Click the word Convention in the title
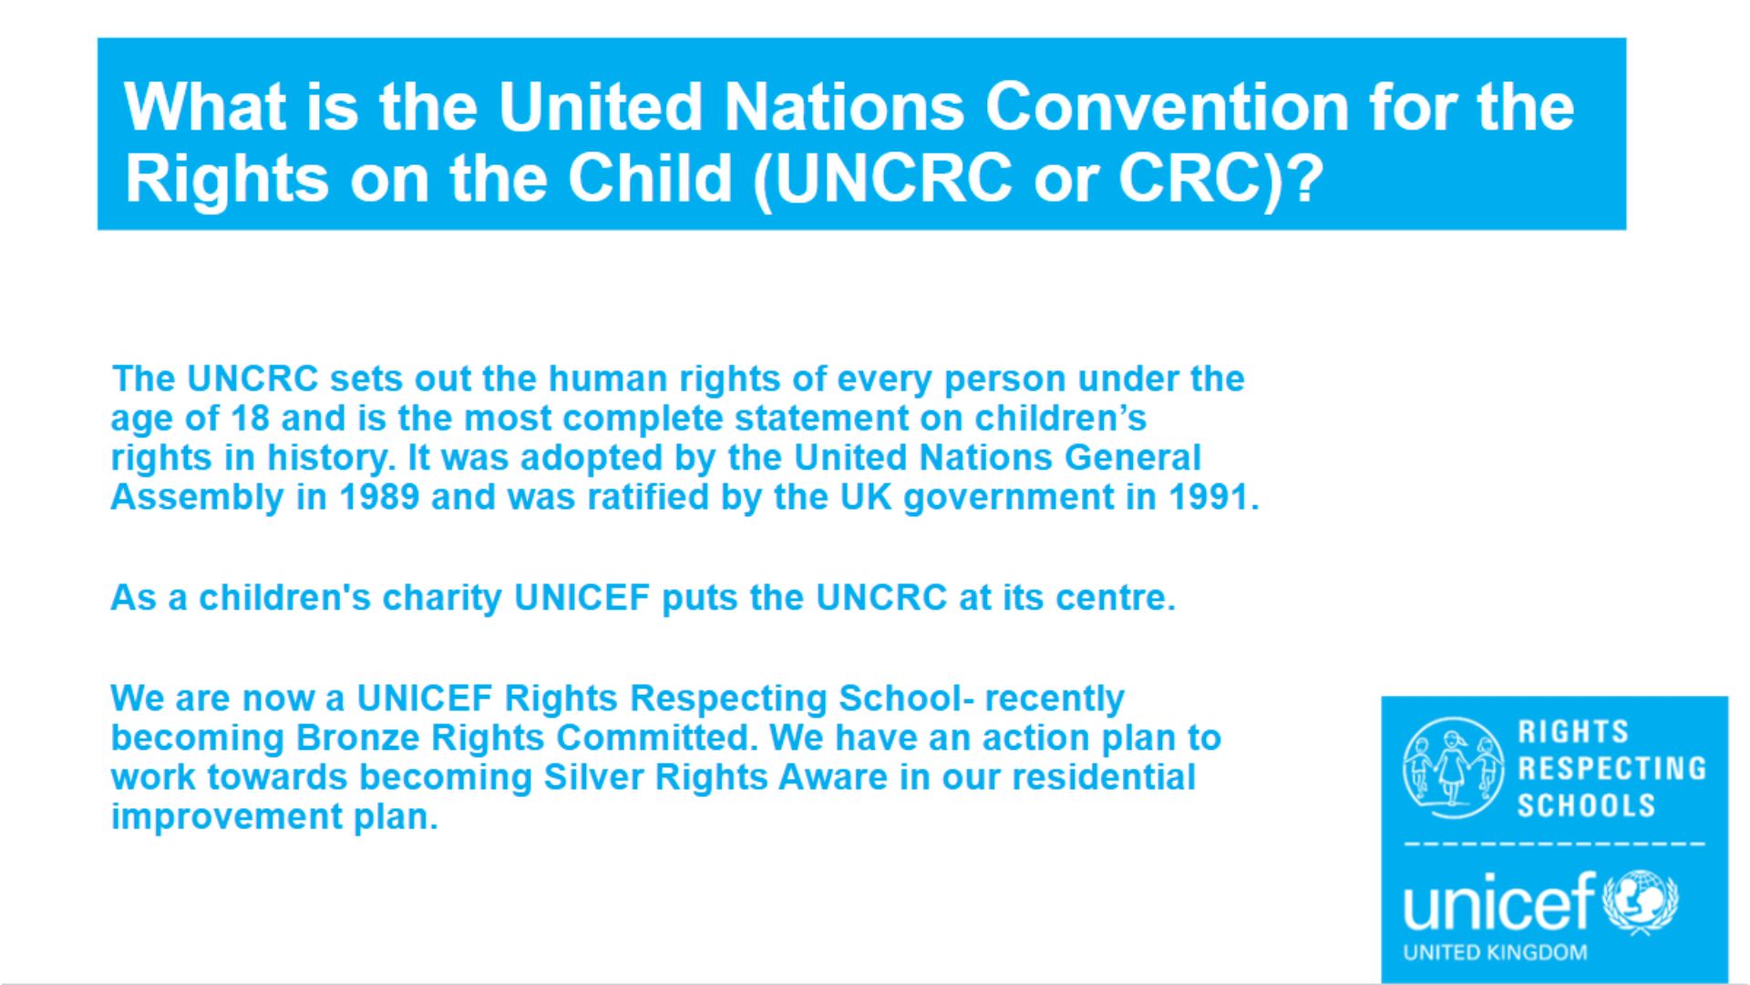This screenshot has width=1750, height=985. [1167, 107]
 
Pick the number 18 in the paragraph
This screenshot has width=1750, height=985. [250, 419]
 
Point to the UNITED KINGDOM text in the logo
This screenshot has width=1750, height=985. [1495, 952]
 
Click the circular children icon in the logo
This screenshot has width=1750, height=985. [1453, 768]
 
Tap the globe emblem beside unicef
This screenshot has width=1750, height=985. [1640, 903]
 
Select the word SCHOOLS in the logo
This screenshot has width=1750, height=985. [1586, 805]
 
